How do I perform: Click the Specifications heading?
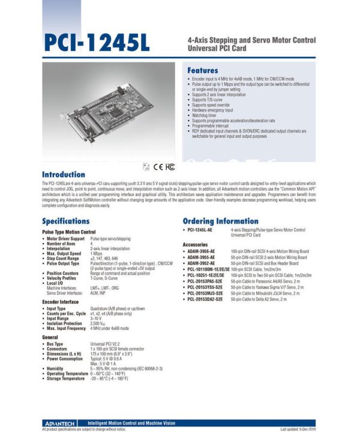click(74, 221)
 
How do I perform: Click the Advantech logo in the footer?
click(61, 422)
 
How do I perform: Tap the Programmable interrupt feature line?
click(214, 125)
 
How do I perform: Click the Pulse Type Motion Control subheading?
click(69, 232)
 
